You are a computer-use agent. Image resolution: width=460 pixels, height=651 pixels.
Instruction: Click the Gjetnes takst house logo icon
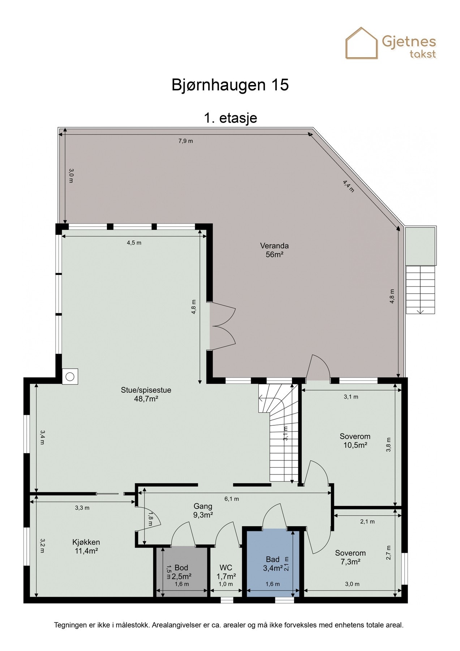pyautogui.click(x=361, y=43)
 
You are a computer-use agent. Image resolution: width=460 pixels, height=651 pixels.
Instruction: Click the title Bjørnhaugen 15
pyautogui.click(x=230, y=85)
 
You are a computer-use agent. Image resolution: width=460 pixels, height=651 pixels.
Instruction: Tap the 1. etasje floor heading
pyautogui.click(x=230, y=118)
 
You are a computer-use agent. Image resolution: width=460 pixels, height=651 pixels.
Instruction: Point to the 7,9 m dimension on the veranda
pyautogui.click(x=185, y=141)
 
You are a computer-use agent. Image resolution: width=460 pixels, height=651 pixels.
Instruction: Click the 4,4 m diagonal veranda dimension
pyautogui.click(x=348, y=186)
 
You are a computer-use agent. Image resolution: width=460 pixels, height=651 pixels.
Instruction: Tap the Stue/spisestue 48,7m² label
pyautogui.click(x=146, y=394)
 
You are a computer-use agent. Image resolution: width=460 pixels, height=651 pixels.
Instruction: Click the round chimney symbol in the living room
pyautogui.click(x=70, y=377)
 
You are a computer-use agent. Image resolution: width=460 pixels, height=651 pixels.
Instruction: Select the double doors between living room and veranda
pyautogui.click(x=222, y=327)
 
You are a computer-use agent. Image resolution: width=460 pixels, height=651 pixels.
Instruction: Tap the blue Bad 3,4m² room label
pyautogui.click(x=273, y=564)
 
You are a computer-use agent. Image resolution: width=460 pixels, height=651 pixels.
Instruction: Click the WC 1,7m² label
pyautogui.click(x=226, y=572)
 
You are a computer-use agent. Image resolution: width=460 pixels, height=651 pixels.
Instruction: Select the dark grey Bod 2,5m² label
pyautogui.click(x=181, y=572)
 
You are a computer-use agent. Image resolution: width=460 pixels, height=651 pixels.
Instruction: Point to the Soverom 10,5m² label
pyautogui.click(x=355, y=441)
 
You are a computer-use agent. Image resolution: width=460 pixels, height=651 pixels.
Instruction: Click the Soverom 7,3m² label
pyautogui.click(x=350, y=557)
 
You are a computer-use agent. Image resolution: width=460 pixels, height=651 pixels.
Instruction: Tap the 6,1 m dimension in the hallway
pyautogui.click(x=232, y=499)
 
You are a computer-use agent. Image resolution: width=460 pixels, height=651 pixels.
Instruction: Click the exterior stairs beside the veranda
pyautogui.click(x=420, y=289)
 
